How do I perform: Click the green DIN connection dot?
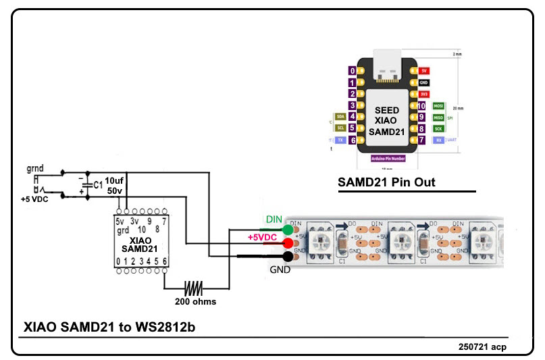[x=288, y=229]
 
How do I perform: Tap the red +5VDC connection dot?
[x=288, y=242]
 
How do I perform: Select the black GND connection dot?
[x=288, y=257]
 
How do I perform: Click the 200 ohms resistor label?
[x=194, y=301]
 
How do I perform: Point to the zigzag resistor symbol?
[x=195, y=288]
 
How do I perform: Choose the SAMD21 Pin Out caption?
[x=386, y=182]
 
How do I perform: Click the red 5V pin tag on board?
[x=424, y=70]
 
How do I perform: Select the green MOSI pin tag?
[x=438, y=105]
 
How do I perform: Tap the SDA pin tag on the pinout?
[x=340, y=117]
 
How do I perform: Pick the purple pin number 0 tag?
[x=352, y=70]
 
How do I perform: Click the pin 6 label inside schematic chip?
[x=165, y=261]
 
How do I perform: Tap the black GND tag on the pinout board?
[x=424, y=82]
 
